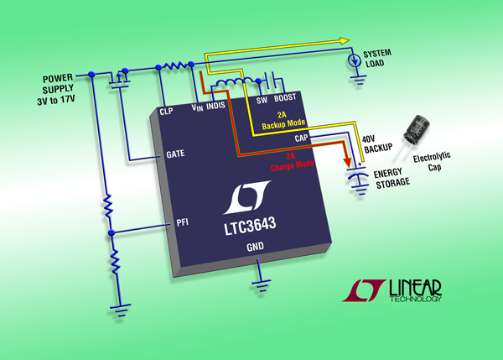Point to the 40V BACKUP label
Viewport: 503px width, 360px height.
point(377,143)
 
